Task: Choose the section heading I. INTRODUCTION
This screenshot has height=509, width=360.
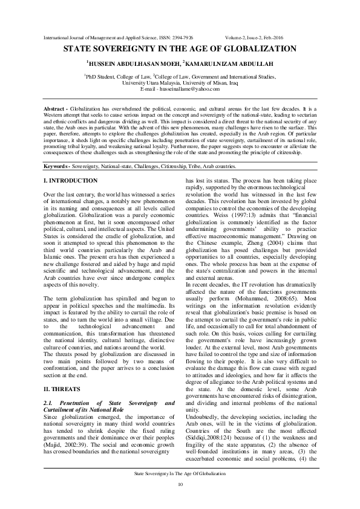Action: coord(71,181)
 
